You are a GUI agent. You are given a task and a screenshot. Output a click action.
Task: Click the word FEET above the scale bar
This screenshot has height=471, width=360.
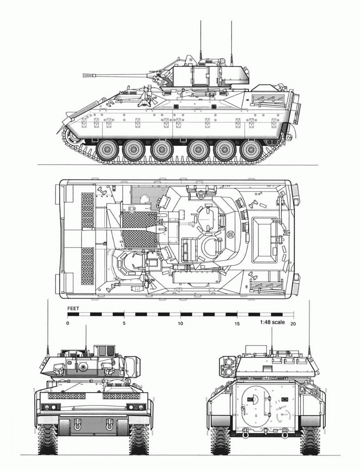(x=73, y=308)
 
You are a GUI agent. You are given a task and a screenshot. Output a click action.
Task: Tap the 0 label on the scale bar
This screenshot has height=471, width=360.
(x=68, y=323)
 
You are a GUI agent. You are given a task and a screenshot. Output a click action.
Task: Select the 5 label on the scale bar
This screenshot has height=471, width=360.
(x=124, y=323)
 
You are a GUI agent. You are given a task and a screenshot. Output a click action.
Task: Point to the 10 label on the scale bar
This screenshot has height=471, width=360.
(x=180, y=323)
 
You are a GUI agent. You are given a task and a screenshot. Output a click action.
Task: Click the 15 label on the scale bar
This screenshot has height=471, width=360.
(x=237, y=324)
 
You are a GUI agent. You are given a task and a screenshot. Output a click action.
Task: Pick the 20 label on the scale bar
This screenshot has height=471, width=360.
(x=293, y=324)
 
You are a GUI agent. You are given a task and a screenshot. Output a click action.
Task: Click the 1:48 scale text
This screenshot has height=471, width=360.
(x=272, y=322)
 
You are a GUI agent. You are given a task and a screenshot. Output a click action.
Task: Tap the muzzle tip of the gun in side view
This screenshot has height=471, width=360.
(x=83, y=75)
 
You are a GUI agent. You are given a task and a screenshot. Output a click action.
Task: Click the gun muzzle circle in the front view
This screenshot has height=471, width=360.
(x=82, y=367)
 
